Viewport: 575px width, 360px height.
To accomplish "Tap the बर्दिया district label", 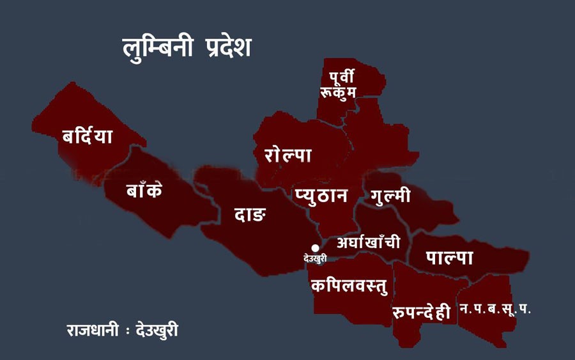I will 88,136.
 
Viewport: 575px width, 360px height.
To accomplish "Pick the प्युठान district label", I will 321,195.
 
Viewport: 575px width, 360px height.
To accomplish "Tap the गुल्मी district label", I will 387,196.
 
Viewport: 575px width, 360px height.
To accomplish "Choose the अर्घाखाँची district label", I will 369,242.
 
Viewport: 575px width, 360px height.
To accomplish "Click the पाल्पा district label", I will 450,258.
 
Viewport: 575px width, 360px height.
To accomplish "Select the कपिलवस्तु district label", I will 349,285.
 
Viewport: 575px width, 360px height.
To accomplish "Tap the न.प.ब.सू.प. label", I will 495,309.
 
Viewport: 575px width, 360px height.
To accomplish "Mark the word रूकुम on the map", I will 338,93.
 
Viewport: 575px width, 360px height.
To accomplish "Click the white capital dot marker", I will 315,248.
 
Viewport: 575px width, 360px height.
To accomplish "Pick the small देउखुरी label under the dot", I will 315,259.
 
